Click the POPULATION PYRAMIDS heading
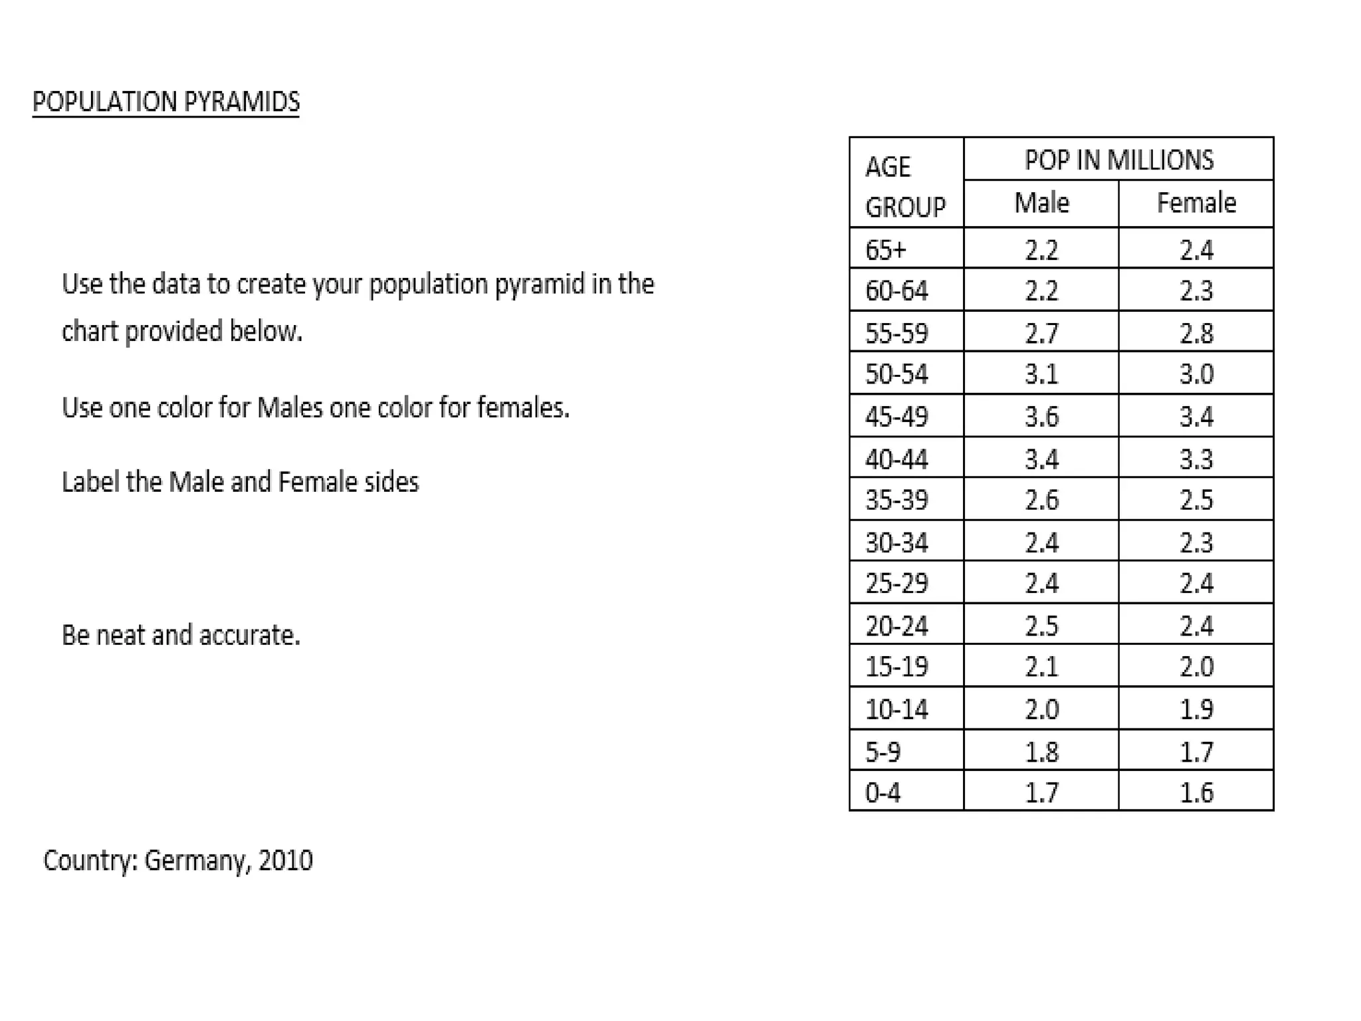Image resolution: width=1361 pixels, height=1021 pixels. tap(165, 102)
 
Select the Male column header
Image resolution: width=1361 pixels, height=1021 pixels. tap(1041, 203)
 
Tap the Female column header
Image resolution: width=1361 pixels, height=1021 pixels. tap(1196, 203)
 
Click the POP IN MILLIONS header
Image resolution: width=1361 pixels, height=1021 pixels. tap(1118, 160)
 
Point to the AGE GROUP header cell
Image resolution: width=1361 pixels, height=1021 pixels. tap(904, 186)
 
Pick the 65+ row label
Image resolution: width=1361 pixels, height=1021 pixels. tap(885, 250)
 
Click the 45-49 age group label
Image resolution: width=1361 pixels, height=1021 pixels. tap(896, 417)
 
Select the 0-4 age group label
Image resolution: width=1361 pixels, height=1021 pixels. tap(883, 792)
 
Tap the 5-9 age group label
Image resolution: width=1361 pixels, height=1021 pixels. tap(883, 752)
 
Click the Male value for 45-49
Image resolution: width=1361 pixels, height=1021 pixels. tap(1041, 417)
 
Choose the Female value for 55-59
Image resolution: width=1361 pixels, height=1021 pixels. tap(1196, 333)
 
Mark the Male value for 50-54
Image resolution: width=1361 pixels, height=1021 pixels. tap(1041, 374)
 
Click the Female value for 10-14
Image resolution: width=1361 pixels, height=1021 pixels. tap(1196, 709)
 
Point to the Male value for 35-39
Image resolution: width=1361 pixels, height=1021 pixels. tap(1041, 500)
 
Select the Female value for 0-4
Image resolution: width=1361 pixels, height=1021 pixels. tap(1196, 792)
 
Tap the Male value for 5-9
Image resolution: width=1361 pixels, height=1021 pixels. tap(1041, 752)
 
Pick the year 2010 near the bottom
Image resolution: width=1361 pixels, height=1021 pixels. tap(285, 861)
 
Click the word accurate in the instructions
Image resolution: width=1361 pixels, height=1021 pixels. tap(249, 635)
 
